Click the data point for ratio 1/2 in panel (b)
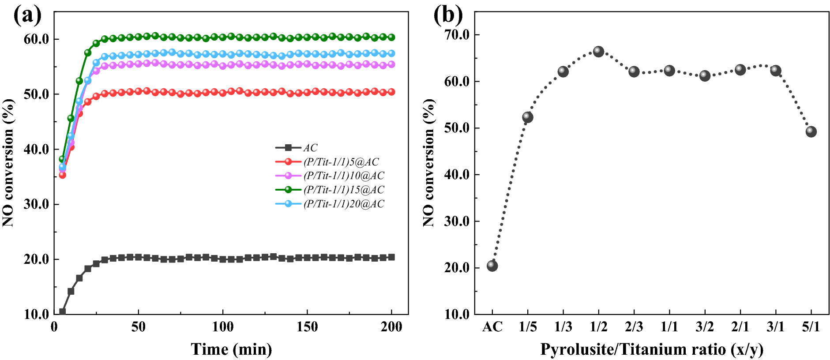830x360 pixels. (598, 52)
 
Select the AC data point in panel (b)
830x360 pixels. (492, 266)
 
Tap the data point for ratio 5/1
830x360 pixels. (811, 131)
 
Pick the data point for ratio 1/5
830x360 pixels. (528, 117)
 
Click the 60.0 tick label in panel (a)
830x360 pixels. (36, 39)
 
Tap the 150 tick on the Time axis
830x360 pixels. (307, 327)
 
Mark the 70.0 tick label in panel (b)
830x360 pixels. (457, 35)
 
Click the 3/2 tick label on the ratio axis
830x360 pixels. (705, 327)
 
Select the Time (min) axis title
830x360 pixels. (231, 349)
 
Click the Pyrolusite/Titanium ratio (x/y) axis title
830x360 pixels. (651, 349)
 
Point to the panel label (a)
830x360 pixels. (27, 15)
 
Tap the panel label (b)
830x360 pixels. (448, 15)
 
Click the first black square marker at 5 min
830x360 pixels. (62, 311)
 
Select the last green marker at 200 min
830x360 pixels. (391, 37)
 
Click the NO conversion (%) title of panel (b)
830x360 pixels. (428, 162)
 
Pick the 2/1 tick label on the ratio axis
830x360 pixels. (740, 327)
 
